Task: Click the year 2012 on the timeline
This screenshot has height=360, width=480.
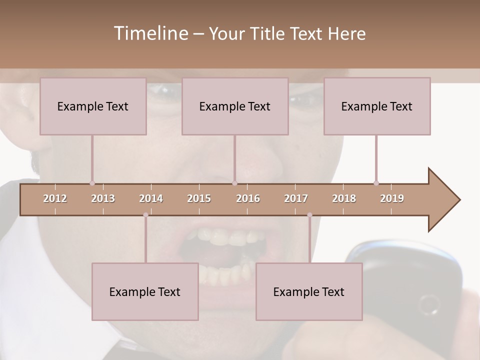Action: point(55,198)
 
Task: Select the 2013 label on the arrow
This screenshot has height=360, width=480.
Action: point(103,198)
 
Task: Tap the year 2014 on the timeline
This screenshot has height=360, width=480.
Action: point(151,198)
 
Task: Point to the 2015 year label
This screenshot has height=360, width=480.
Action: point(199,198)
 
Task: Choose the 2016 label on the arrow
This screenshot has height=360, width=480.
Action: point(248,198)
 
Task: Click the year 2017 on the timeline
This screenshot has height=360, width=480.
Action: point(296,198)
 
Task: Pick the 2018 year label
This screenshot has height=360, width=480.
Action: point(344,198)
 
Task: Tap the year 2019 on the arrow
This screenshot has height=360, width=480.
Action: point(392,198)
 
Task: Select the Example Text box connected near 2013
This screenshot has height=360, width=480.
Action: point(93,106)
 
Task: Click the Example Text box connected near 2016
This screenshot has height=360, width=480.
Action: point(235,106)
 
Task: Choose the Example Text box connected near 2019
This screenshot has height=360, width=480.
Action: point(377,106)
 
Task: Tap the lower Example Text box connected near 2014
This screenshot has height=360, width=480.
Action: point(145,291)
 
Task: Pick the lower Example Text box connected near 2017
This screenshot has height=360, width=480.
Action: point(309,291)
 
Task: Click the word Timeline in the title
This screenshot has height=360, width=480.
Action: point(150,33)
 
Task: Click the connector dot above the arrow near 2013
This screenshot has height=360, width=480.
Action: point(92,183)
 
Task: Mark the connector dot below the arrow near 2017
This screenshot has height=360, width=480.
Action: point(309,215)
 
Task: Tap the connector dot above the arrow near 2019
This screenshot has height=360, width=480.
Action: point(376,183)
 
